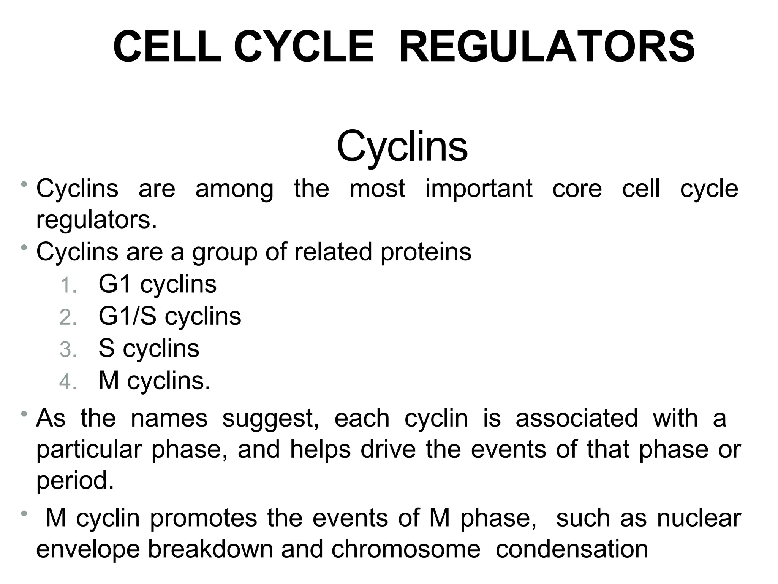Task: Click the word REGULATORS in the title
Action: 547,47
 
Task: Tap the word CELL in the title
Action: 167,47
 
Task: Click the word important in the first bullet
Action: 479,189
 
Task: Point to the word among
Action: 234,189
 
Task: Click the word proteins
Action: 425,252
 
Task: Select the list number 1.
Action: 68,286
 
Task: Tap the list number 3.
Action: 68,349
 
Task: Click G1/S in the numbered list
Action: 127,316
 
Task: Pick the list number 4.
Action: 68,381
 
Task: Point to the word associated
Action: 577,418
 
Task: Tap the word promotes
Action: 204,519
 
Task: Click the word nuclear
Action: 699,518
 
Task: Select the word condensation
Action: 572,549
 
